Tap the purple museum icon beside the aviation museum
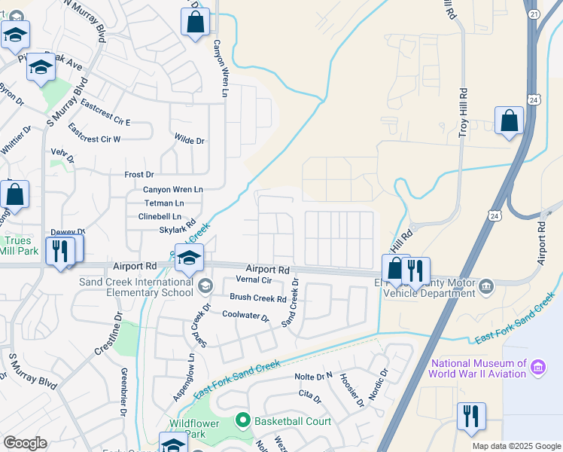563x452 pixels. point(538,368)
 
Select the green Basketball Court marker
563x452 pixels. point(242,420)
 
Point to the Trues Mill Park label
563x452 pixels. point(16,246)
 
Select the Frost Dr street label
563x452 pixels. point(139,174)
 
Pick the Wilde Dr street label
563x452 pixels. point(189,141)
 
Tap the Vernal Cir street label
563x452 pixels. point(254,279)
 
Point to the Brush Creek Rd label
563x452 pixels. point(258,298)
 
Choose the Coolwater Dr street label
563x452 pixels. point(245,316)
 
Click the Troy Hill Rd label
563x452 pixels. point(464,112)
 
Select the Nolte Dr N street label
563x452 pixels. point(314,376)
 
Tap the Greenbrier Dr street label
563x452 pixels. point(123,392)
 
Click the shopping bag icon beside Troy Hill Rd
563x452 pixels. point(510,121)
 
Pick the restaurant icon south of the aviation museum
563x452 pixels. point(471,417)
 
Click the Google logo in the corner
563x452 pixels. point(25,443)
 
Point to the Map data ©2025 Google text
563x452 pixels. point(516,446)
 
